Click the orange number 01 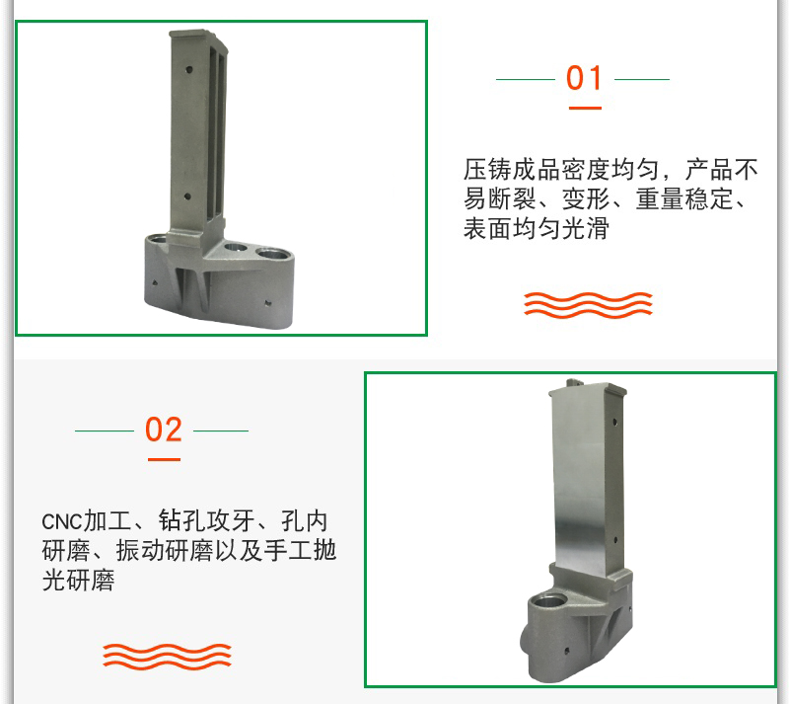pyautogui.click(x=584, y=78)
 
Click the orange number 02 pyautogui.click(x=163, y=430)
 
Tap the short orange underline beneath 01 pyautogui.click(x=585, y=108)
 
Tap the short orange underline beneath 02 pyautogui.click(x=164, y=459)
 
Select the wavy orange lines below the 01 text pyautogui.click(x=588, y=305)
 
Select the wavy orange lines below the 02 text pyautogui.click(x=167, y=657)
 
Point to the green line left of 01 pyautogui.click(x=526, y=79)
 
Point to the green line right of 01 pyautogui.click(x=642, y=79)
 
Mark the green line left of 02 pyautogui.click(x=105, y=430)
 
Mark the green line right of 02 pyautogui.click(x=221, y=430)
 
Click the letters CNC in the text pyautogui.click(x=61, y=522)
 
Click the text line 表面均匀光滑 pyautogui.click(x=537, y=228)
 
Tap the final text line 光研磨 pyautogui.click(x=79, y=580)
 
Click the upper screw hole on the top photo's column pyautogui.click(x=189, y=69)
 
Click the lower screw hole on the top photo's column pyautogui.click(x=187, y=196)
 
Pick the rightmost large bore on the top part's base pyautogui.click(x=270, y=252)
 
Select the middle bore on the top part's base pyautogui.click(x=235, y=248)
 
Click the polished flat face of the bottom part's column pyautogui.click(x=579, y=479)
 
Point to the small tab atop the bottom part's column pyautogui.click(x=574, y=382)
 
